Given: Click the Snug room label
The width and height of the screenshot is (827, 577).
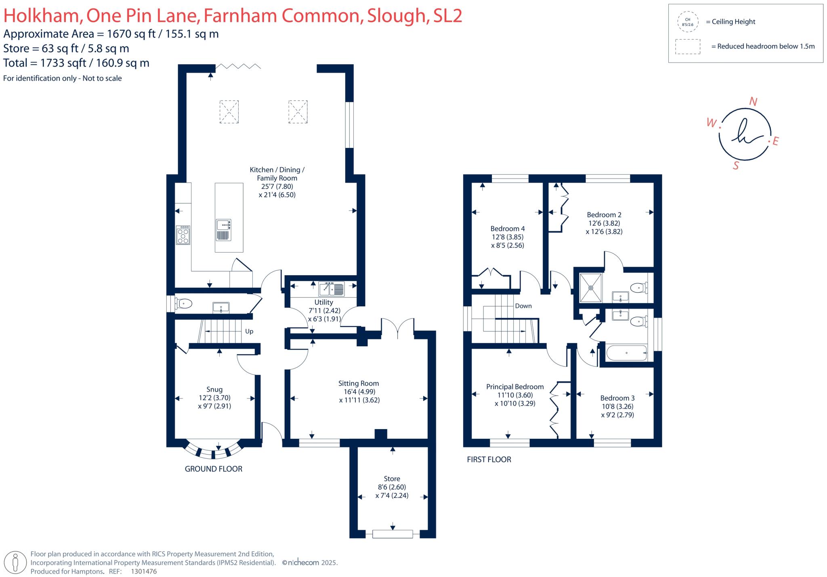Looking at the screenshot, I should [214, 390].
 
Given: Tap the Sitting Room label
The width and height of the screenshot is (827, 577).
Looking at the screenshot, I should [359, 383].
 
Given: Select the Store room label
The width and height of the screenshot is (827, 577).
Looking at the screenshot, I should [392, 479].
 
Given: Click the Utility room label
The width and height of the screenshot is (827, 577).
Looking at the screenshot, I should [323, 302].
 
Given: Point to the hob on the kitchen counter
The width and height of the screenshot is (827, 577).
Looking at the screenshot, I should [183, 235].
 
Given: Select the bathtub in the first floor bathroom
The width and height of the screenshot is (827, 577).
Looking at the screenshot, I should [626, 353].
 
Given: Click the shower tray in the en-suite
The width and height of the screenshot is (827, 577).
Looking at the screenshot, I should [591, 288].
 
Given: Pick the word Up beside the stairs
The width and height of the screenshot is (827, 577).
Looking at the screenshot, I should [249, 331].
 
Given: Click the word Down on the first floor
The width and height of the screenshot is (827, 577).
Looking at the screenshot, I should [523, 306].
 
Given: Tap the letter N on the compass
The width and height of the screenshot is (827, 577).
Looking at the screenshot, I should [753, 102].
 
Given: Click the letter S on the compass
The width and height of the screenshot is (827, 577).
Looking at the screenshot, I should [736, 166].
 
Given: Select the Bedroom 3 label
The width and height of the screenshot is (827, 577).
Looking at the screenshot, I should [617, 398].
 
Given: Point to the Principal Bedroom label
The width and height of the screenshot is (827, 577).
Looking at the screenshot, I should [515, 387].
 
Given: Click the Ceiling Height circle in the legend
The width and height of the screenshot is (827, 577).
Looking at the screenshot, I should [688, 22].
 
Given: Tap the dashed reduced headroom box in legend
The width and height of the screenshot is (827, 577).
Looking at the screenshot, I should [688, 46].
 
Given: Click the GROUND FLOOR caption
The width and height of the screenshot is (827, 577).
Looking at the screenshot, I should [214, 469].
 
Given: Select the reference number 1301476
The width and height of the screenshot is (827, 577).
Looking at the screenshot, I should [144, 571].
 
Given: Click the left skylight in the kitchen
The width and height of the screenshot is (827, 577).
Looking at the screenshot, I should [229, 112].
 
